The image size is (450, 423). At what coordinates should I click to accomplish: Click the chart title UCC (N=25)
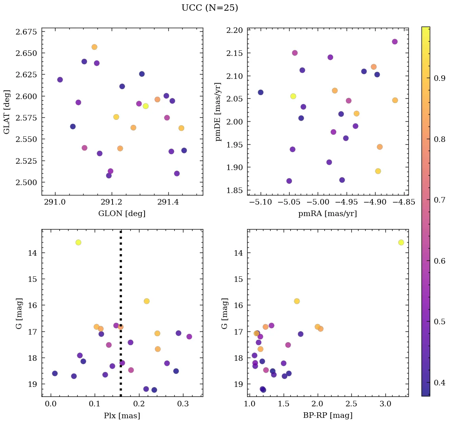pyautogui.click(x=210, y=8)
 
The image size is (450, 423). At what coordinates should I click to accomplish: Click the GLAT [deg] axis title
pyautogui.click(x=6, y=111)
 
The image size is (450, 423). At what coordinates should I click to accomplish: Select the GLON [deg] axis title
pyautogui.click(x=122, y=214)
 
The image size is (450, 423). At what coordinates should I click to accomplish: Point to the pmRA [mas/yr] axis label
pyautogui.click(x=327, y=214)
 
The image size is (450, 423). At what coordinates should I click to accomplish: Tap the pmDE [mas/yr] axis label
pyautogui.click(x=218, y=111)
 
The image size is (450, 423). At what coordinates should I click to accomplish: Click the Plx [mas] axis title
pyautogui.click(x=122, y=415)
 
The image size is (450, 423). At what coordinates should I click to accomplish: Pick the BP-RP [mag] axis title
pyautogui.click(x=327, y=415)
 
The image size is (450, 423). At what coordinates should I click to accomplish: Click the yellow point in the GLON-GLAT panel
pyautogui.click(x=146, y=106)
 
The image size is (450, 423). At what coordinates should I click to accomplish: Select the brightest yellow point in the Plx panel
pyautogui.click(x=78, y=242)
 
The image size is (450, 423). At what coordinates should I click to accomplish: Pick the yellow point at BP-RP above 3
pyautogui.click(x=401, y=242)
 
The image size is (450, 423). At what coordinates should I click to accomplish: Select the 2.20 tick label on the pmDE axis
pyautogui.click(x=234, y=31)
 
